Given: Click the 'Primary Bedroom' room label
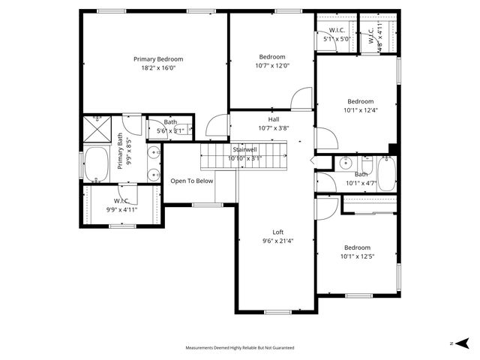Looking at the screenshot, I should click(158, 59).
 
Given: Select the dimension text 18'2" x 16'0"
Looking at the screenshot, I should click(158, 68).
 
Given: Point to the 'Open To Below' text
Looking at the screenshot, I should click(192, 181).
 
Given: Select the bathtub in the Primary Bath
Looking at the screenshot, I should click(96, 164).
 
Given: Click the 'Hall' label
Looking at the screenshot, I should click(274, 119).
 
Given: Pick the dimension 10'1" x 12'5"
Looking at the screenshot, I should click(357, 256).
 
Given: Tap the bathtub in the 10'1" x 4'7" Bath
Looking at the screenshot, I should click(386, 173).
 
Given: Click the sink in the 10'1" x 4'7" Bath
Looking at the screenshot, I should click(346, 163).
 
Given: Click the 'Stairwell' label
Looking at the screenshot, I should click(244, 150).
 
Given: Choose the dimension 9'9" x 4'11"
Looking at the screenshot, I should click(122, 210).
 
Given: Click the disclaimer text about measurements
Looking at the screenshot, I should click(240, 348).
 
